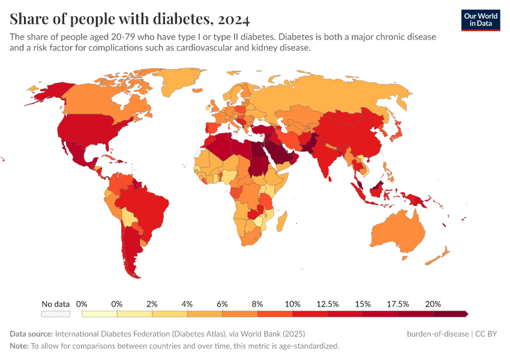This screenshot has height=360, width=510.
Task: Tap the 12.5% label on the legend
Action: tap(328, 304)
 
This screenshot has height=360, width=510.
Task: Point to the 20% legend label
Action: tap(433, 304)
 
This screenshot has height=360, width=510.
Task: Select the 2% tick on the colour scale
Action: tap(152, 304)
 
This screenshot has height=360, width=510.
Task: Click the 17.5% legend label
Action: tap(398, 304)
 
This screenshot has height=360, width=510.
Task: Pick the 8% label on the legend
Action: tap(257, 304)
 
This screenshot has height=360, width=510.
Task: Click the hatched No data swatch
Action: tap(56, 313)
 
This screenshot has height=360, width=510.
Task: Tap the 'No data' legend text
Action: tap(56, 304)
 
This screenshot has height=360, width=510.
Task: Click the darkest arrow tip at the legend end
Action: tap(465, 313)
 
